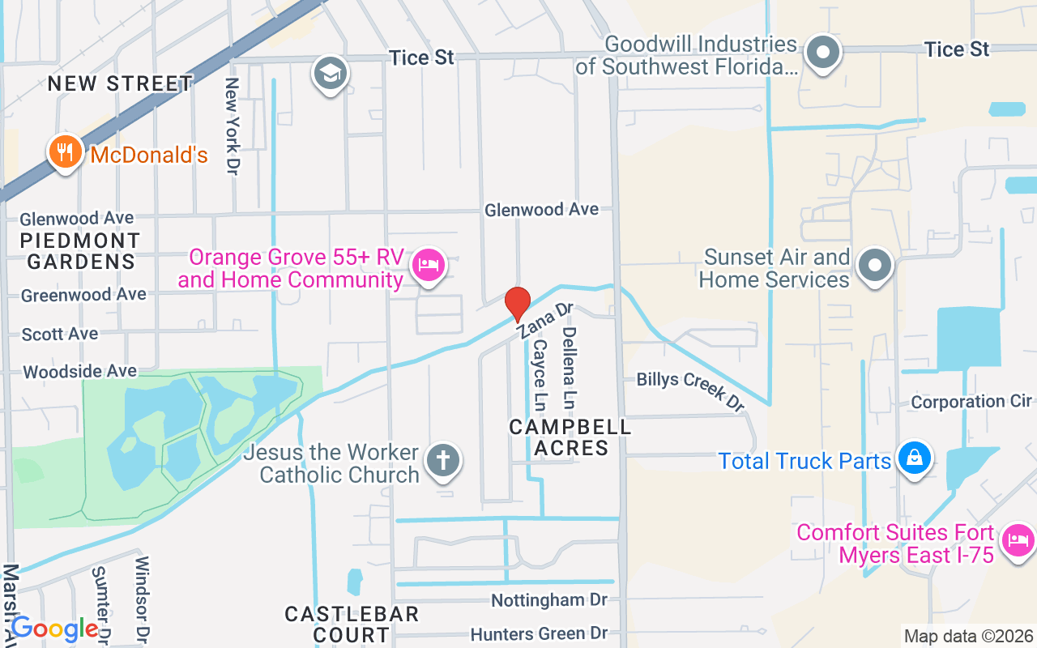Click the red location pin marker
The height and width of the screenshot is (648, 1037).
tap(517, 304)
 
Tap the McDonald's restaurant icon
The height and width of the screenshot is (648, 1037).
tap(65, 151)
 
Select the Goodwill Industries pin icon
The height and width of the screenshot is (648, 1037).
tap(823, 53)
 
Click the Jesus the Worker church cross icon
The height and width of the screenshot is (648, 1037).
tap(442, 461)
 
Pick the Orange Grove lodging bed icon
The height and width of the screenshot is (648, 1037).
tap(428, 266)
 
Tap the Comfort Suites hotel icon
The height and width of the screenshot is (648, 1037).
tap(1017, 539)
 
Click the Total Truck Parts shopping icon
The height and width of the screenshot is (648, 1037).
tap(914, 458)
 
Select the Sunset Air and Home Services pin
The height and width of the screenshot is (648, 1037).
tap(874, 265)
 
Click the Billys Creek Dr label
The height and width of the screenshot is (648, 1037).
tap(689, 390)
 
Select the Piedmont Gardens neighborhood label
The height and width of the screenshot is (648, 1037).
tap(80, 251)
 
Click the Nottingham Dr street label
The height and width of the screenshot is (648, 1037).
tap(549, 600)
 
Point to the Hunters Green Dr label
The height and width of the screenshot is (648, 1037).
tap(539, 633)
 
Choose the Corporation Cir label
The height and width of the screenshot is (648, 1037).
tap(971, 402)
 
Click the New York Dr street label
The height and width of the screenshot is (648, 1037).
tap(233, 126)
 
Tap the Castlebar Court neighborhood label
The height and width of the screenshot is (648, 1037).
tap(352, 624)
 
